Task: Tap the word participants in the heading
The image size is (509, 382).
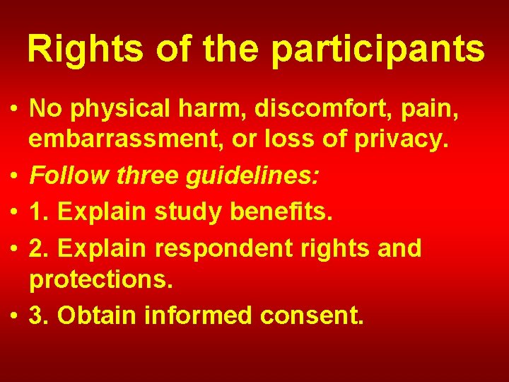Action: coord(378,50)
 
